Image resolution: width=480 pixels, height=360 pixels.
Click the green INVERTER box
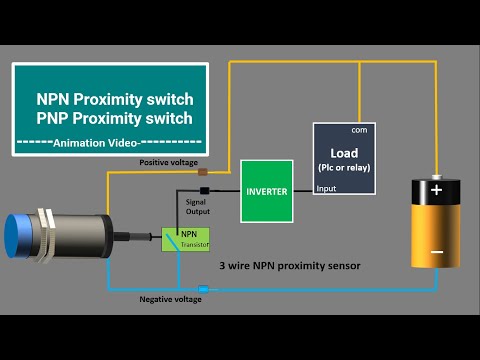coord(266,190)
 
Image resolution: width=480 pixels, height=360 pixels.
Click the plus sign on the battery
coord(436,189)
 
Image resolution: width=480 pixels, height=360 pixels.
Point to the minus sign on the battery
coord(436,253)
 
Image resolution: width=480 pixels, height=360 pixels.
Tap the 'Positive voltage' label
coord(169,162)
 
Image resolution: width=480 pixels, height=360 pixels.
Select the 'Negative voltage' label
coord(170,299)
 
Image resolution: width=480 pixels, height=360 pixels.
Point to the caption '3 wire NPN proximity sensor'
coord(289,266)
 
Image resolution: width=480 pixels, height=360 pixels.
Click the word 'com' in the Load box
coord(357,131)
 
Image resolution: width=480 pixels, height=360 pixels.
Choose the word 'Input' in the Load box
coord(327,187)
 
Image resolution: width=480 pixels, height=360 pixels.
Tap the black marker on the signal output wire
coord(204,190)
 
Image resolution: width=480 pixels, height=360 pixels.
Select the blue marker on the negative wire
coord(203,290)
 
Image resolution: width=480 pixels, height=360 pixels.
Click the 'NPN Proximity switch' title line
coord(114,100)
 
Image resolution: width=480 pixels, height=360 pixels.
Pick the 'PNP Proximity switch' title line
coord(114,119)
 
